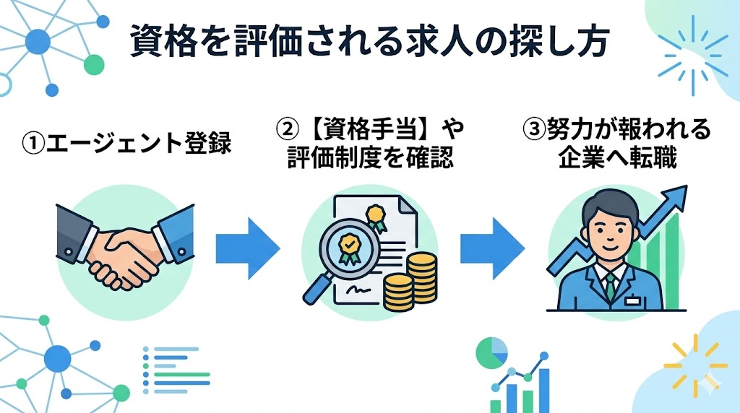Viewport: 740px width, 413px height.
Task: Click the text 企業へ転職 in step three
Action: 616,159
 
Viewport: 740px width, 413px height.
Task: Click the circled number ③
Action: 532,132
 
